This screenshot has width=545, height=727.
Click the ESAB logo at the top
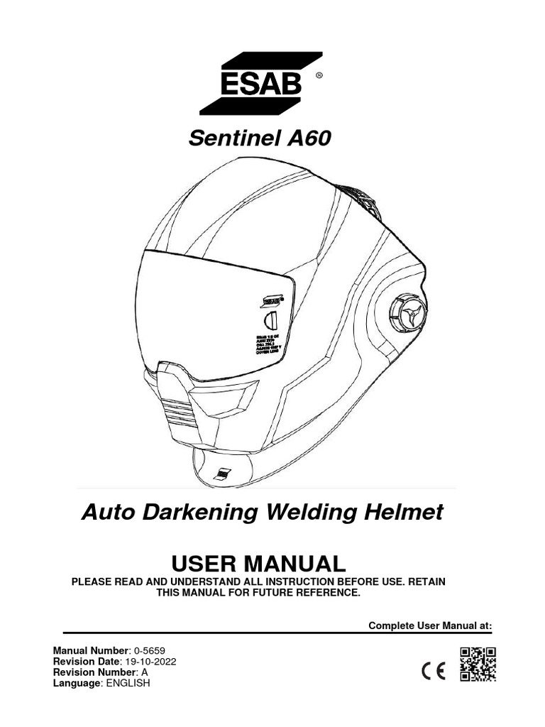click(x=261, y=83)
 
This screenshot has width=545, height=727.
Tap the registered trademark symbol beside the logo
click(x=319, y=75)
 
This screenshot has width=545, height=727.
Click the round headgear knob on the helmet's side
click(x=407, y=312)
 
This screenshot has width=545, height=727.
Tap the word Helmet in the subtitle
click(x=407, y=512)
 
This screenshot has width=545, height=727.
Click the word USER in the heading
click(x=206, y=564)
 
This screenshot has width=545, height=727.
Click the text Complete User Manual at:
click(x=430, y=625)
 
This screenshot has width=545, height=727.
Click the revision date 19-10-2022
click(x=150, y=661)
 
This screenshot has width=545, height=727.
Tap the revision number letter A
click(x=145, y=672)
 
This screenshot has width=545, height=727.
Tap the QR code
click(x=478, y=665)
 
